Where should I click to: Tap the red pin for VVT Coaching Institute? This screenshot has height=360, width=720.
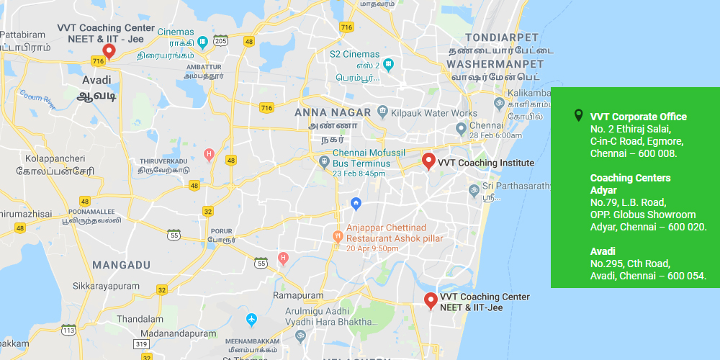[428, 161]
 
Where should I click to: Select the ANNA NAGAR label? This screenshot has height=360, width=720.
[333, 112]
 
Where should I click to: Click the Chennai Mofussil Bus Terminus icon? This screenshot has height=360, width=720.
[325, 159]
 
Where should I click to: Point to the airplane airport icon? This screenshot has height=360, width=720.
[251, 319]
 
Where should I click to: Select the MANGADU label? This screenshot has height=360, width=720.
[122, 265]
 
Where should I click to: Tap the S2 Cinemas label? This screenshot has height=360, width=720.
[354, 54]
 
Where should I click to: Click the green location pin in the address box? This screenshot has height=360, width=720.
[577, 116]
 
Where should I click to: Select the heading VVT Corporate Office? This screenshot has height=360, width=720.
[638, 117]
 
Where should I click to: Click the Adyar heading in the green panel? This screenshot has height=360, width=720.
[603, 190]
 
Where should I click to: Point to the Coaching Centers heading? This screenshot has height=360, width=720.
[630, 178]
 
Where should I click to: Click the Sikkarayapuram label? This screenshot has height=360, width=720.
[106, 286]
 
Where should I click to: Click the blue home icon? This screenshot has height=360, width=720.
[355, 204]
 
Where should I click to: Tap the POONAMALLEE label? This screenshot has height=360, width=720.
[91, 212]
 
